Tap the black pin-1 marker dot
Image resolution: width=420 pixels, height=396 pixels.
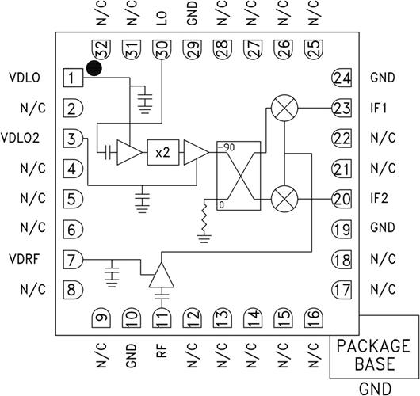coord(95,70)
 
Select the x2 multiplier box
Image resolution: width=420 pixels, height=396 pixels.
coord(162,152)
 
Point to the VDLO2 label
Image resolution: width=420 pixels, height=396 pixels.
coord(26,137)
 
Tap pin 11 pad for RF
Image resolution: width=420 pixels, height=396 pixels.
coord(162,318)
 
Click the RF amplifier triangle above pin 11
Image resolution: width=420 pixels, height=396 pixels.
coord(162,277)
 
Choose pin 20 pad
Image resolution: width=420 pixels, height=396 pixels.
coord(341,199)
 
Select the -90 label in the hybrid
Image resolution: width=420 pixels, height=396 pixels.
coord(231,148)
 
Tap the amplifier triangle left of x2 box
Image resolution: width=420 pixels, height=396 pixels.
coord(127,152)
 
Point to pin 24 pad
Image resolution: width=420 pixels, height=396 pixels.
coord(341,78)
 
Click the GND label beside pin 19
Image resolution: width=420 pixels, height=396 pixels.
coord(382,229)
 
